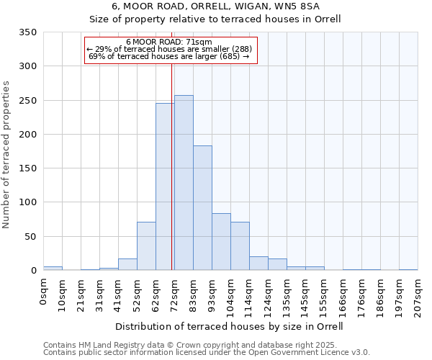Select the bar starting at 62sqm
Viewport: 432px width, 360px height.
point(165,186)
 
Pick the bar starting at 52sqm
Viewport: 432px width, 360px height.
point(146,246)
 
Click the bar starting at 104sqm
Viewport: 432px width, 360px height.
point(240,246)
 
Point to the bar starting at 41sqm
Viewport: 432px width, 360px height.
point(127,264)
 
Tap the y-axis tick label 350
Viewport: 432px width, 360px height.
point(28,32)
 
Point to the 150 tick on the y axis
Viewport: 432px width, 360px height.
point(28,168)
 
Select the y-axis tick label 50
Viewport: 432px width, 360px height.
point(31,236)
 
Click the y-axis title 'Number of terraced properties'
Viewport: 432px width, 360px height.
point(7,155)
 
